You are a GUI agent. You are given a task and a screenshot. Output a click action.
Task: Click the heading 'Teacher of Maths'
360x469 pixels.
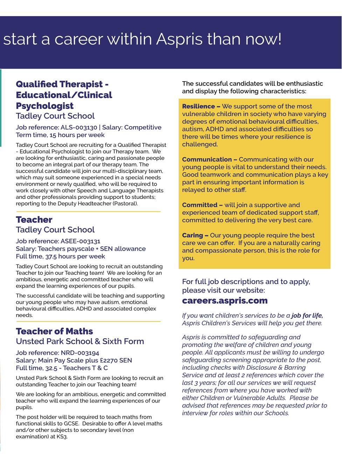click(x=54, y=331)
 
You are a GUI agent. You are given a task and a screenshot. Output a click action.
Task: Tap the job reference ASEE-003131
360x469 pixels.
click(x=80, y=241)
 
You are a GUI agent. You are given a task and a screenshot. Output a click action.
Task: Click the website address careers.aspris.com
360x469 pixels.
click(x=224, y=301)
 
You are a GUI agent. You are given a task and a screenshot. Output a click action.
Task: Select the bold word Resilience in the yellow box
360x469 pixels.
click(x=198, y=106)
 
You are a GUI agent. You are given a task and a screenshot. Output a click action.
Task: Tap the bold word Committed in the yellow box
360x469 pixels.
click(x=200, y=205)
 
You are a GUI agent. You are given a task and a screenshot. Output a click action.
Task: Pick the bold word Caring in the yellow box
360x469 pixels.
click(x=192, y=235)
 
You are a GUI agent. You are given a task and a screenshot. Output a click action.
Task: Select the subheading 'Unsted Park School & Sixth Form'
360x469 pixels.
click(x=80, y=342)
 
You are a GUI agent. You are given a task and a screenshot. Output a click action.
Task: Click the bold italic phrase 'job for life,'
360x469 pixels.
click(x=307, y=316)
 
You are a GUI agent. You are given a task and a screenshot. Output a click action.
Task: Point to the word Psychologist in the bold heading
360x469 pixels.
click(x=44, y=106)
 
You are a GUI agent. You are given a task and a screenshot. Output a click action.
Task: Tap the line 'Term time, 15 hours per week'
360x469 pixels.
click(x=60, y=135)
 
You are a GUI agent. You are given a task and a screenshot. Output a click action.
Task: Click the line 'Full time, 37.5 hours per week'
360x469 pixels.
click(x=60, y=256)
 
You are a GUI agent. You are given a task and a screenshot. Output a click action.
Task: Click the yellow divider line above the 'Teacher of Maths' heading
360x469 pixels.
click(x=88, y=321)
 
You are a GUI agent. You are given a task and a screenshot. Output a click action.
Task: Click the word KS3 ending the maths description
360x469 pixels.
click(x=62, y=437)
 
